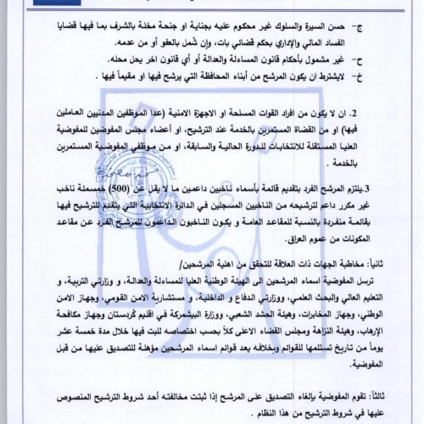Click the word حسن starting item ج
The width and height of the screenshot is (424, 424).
coord(364,26)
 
